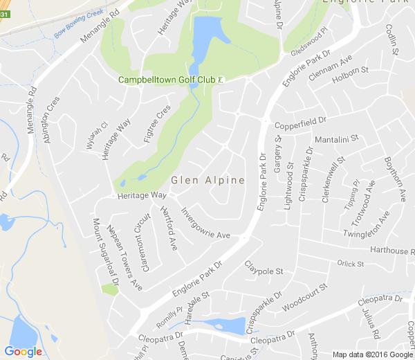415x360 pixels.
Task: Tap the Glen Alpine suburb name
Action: (207, 181)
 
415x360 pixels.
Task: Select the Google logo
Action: (23, 352)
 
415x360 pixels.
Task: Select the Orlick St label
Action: (350, 264)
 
